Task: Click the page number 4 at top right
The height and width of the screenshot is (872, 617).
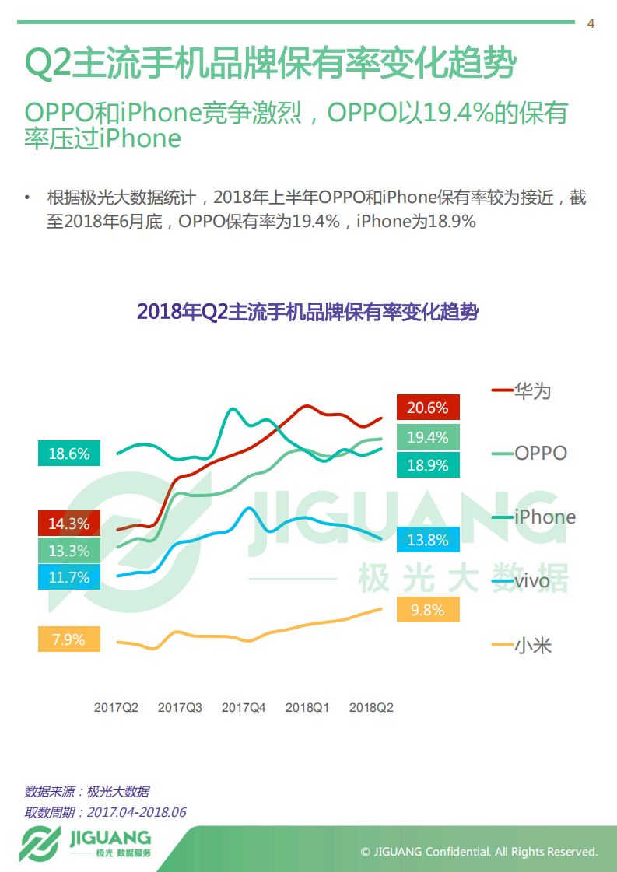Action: (x=591, y=23)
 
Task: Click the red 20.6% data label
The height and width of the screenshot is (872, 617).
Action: (x=428, y=408)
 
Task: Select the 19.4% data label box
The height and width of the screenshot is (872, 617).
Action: (x=428, y=437)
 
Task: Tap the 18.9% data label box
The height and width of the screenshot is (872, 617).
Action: (x=428, y=465)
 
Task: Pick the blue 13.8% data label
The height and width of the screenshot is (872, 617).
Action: (x=428, y=539)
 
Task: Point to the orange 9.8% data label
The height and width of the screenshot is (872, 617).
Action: (x=428, y=610)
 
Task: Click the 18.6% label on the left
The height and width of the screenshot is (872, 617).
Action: (x=69, y=454)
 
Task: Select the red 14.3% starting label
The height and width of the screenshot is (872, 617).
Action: (x=69, y=524)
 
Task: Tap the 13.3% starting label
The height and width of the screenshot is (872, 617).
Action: (x=69, y=551)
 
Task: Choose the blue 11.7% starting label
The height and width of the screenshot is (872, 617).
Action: (x=69, y=577)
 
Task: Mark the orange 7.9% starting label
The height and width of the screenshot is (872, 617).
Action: (x=69, y=639)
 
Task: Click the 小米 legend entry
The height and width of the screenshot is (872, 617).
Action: (x=523, y=644)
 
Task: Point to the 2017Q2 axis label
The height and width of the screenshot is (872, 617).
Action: (x=116, y=708)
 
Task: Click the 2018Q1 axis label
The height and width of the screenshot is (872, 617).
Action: (x=307, y=708)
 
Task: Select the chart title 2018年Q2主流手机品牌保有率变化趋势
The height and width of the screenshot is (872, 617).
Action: (x=307, y=313)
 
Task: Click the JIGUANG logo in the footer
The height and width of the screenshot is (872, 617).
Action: (x=86, y=843)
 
